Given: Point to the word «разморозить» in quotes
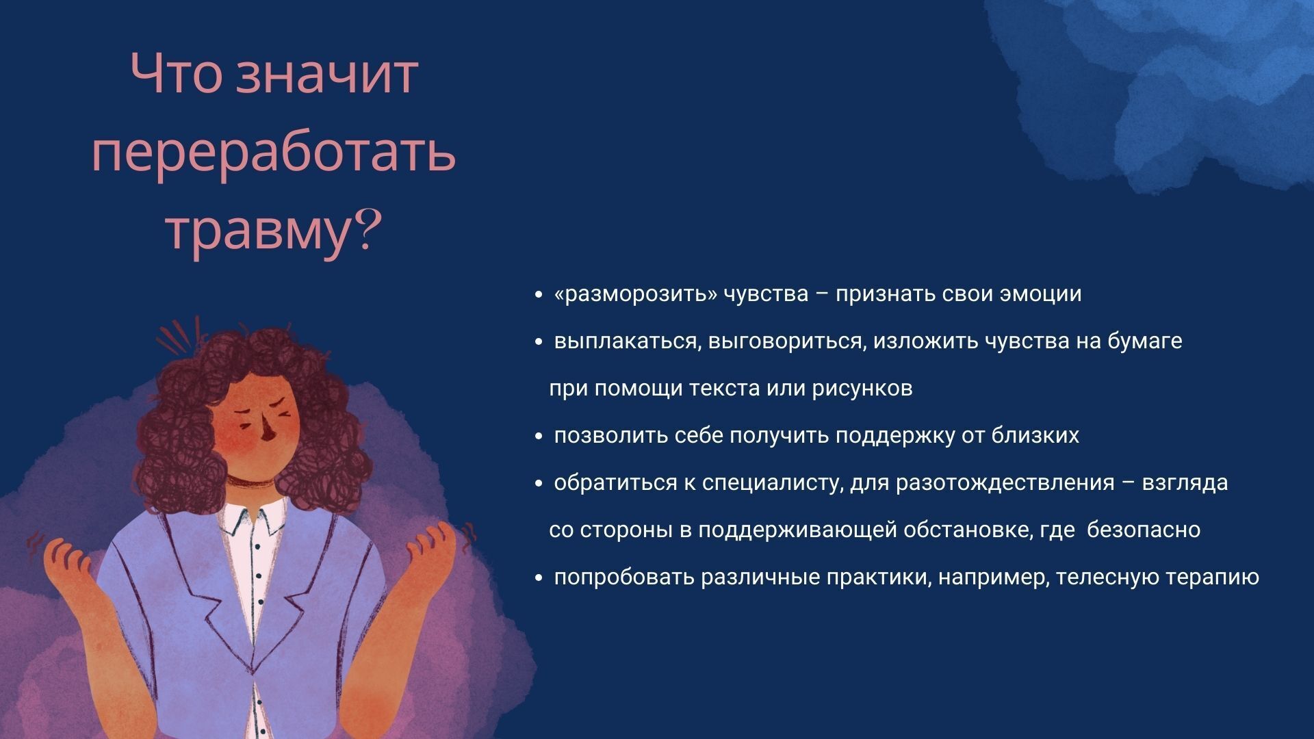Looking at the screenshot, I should [x=636, y=294].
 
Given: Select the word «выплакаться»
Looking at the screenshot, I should [x=626, y=341].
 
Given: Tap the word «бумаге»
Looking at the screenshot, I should [x=1144, y=341].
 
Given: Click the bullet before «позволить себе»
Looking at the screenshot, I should [x=539, y=437].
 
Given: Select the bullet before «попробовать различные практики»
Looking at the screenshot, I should [x=539, y=578].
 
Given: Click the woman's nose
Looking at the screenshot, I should [x=269, y=432].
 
